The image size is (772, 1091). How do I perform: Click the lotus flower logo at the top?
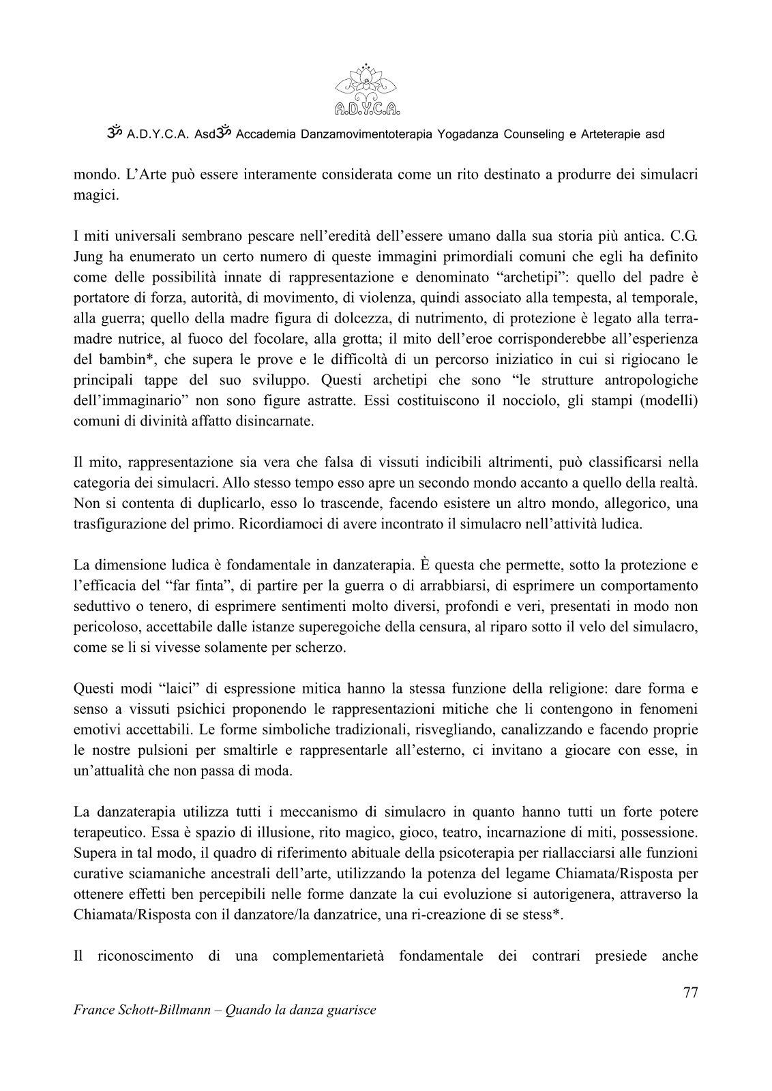point(368,89)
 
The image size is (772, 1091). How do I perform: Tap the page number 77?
point(689,992)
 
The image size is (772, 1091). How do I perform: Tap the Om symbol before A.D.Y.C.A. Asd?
point(114,134)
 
